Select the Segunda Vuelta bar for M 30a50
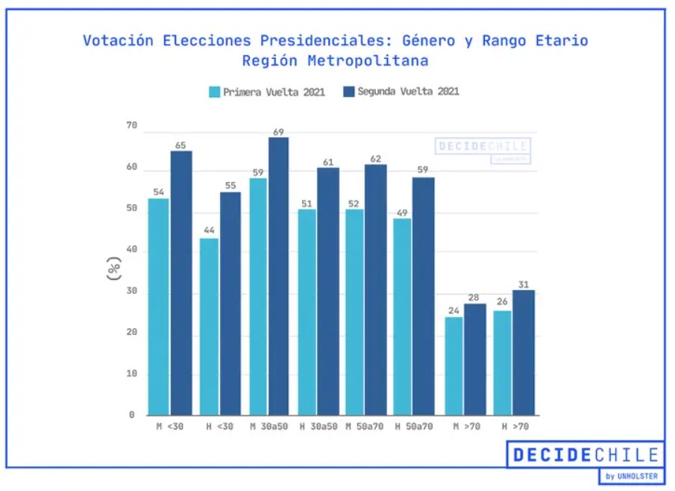[278, 276]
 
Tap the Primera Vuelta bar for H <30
[209, 326]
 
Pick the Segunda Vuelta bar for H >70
[524, 352]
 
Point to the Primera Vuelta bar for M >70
[453, 366]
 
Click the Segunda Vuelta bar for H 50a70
[424, 295]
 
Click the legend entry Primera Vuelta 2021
[267, 93]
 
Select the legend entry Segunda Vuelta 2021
[401, 92]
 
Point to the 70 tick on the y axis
[132, 126]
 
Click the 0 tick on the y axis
[132, 415]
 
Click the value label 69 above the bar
[278, 132]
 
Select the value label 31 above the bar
[523, 284]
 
